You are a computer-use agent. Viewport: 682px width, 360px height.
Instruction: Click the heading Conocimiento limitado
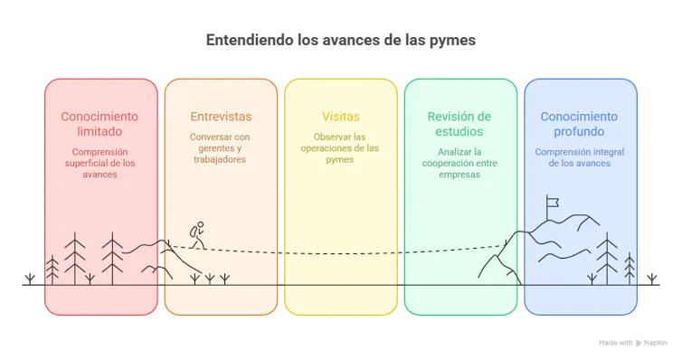(x=100, y=124)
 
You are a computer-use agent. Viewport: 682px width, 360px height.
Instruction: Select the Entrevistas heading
(x=221, y=117)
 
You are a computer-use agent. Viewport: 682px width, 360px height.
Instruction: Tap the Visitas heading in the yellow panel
(x=340, y=117)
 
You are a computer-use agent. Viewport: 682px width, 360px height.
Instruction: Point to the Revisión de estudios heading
(x=459, y=124)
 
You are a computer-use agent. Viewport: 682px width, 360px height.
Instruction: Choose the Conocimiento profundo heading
(x=580, y=124)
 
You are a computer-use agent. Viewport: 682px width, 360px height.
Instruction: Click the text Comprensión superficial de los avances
(x=100, y=163)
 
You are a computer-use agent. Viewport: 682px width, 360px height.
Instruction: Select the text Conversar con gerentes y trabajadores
(x=221, y=147)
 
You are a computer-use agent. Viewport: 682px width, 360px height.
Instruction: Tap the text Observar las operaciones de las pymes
(x=340, y=147)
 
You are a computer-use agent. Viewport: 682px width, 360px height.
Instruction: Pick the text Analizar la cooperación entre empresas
(x=459, y=163)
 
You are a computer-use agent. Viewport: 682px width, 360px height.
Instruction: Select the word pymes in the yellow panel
(x=340, y=159)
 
